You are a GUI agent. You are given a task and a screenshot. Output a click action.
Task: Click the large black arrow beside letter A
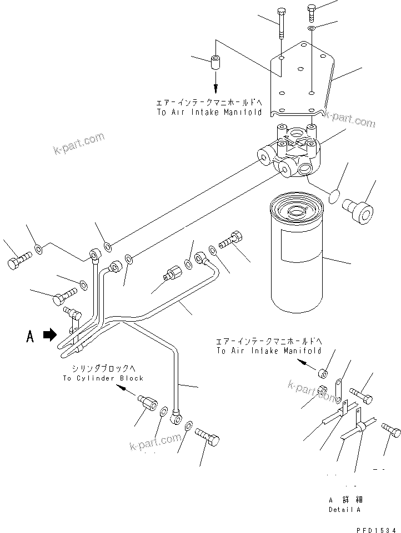(x=49, y=334)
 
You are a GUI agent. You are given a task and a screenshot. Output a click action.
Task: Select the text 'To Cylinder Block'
(x=103, y=378)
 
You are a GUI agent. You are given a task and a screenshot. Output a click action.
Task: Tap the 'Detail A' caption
(x=344, y=509)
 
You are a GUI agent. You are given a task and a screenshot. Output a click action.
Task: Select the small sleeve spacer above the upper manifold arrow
(x=215, y=60)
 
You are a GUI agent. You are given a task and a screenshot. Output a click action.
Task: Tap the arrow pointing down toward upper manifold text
(x=215, y=84)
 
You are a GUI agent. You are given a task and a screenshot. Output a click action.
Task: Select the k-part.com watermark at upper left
(x=79, y=143)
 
